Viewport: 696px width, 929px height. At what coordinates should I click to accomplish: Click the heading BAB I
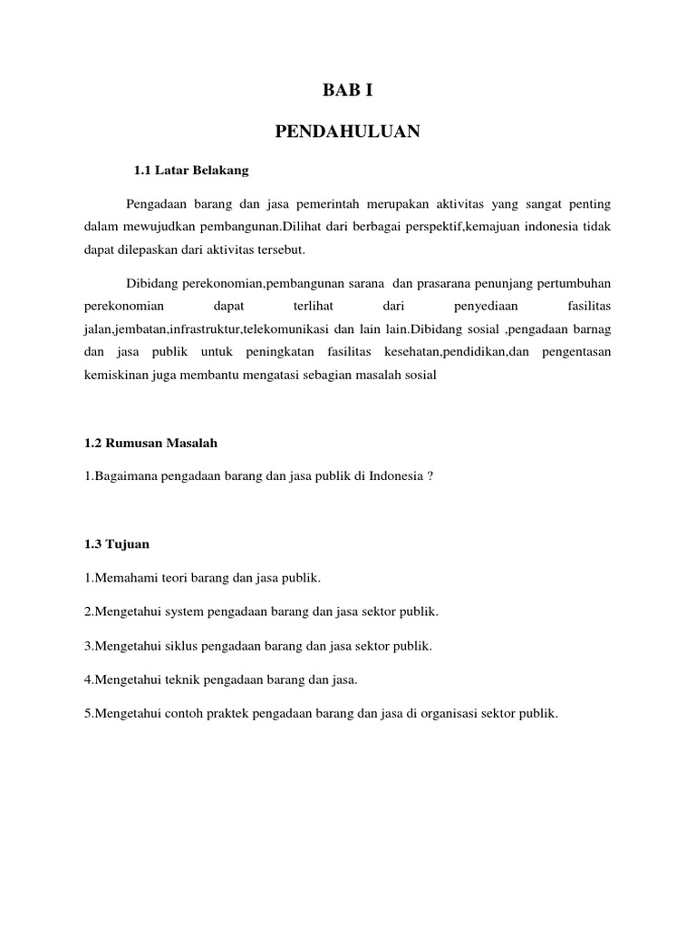click(x=348, y=90)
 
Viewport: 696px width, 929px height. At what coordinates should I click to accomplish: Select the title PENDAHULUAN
click(x=348, y=132)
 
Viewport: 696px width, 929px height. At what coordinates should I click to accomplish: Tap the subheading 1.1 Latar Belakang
click(x=190, y=170)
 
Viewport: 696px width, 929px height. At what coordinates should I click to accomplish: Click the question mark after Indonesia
click(x=430, y=476)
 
